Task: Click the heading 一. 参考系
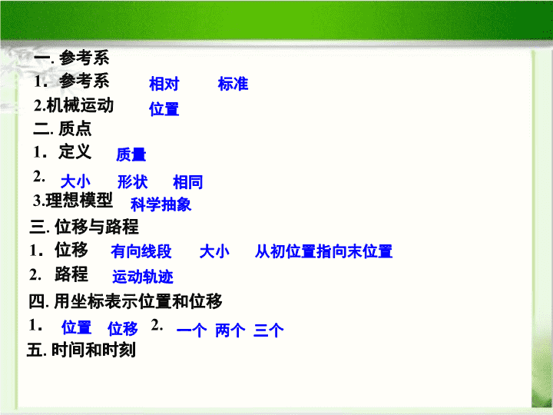point(71,58)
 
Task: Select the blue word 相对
point(164,84)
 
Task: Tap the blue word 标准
point(233,84)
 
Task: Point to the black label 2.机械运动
point(74,105)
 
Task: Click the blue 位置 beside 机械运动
point(164,108)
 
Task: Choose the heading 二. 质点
point(62,128)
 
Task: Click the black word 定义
point(75,151)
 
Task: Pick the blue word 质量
point(131,154)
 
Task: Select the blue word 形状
point(133,182)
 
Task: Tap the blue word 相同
point(188,182)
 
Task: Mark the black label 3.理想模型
point(73,200)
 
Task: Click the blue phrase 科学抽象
point(161,204)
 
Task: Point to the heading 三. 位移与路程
point(84,227)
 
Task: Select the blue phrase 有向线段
point(141,251)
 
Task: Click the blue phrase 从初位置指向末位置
point(324,251)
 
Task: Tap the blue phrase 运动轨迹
point(143,277)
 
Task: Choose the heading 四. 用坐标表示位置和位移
point(125,301)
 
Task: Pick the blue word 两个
point(230,330)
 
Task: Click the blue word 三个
point(268,330)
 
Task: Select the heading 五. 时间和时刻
point(81,350)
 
